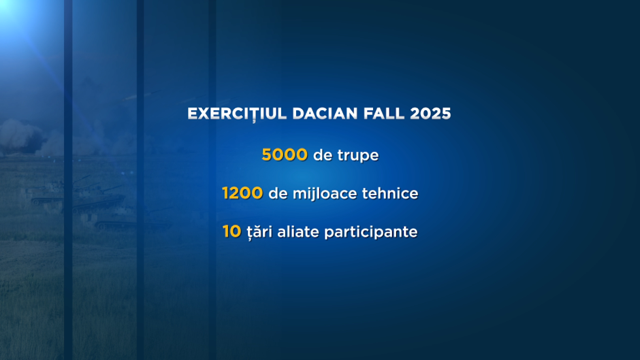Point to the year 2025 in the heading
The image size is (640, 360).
pyautogui.click(x=430, y=114)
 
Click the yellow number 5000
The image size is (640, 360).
pyautogui.click(x=285, y=154)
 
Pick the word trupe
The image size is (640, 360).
pyautogui.click(x=358, y=156)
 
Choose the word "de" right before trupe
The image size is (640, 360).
pyautogui.click(x=323, y=155)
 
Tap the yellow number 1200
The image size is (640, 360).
pyautogui.click(x=242, y=193)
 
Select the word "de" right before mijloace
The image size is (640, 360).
pyautogui.click(x=278, y=193)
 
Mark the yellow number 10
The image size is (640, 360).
pyautogui.click(x=232, y=231)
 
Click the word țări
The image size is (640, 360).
pyautogui.click(x=259, y=233)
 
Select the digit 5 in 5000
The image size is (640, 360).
pyautogui.click(x=267, y=154)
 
